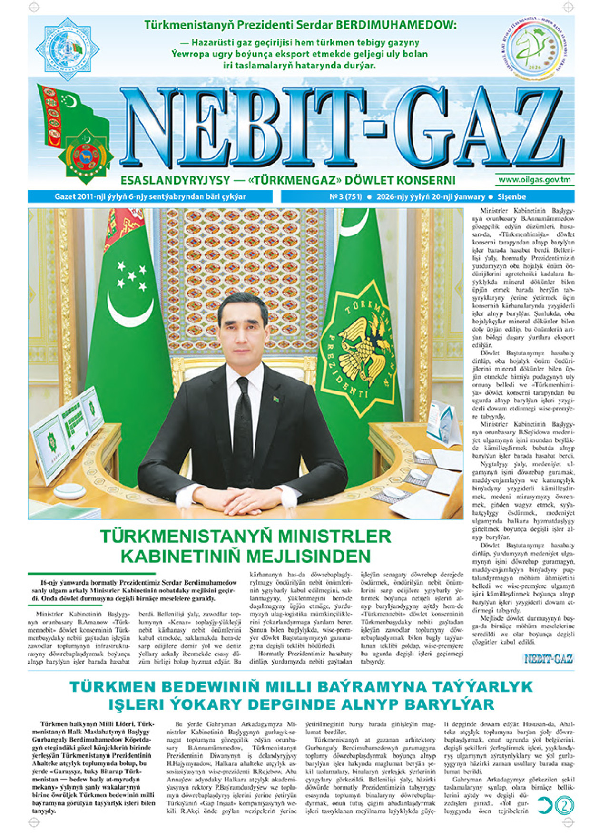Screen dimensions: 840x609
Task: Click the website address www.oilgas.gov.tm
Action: click(x=534, y=180)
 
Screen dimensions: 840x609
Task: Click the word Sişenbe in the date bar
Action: click(x=511, y=197)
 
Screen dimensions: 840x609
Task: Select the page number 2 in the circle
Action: click(x=565, y=806)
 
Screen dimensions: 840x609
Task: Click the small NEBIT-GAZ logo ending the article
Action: click(x=548, y=659)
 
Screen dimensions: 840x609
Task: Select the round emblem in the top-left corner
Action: click(x=67, y=48)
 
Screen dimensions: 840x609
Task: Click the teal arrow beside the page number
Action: click(x=545, y=806)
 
